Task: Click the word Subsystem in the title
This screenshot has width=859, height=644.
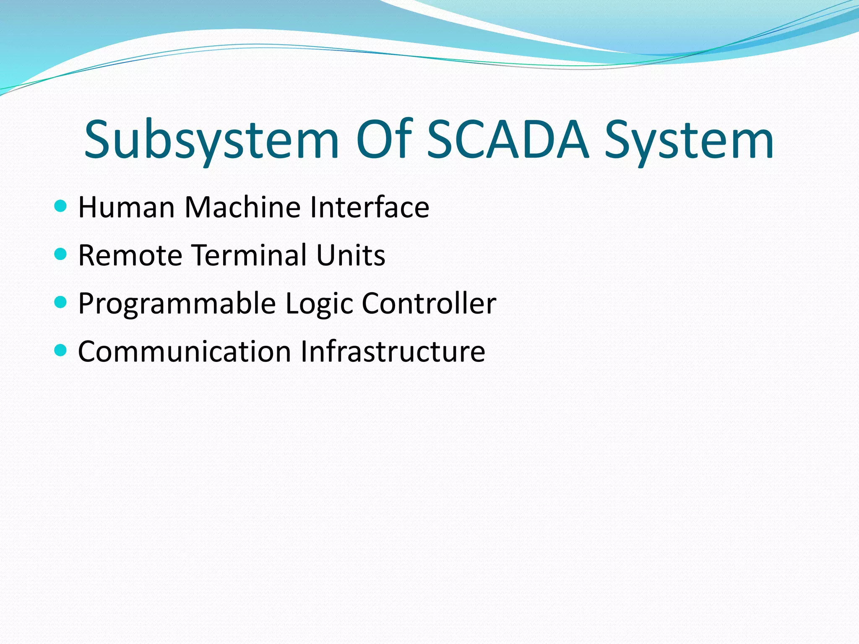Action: pos(211,140)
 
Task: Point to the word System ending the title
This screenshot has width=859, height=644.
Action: pos(689,140)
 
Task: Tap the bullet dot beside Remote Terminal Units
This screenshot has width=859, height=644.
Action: pos(61,254)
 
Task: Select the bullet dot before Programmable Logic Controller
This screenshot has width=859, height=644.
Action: pos(61,302)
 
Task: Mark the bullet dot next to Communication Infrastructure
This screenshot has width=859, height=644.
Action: pos(61,350)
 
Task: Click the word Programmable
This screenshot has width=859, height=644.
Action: pos(177,304)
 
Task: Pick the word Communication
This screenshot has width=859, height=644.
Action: pos(185,351)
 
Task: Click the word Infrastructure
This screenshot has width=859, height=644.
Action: pos(393,351)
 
